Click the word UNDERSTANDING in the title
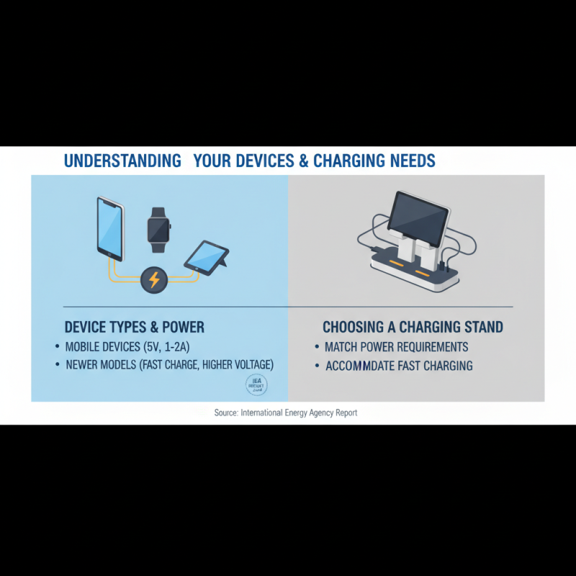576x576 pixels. click(x=122, y=160)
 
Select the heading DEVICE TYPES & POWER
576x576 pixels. click(x=135, y=328)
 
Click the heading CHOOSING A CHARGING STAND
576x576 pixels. click(x=413, y=328)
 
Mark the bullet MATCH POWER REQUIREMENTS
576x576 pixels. click(x=396, y=346)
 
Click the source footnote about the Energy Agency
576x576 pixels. click(x=286, y=413)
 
